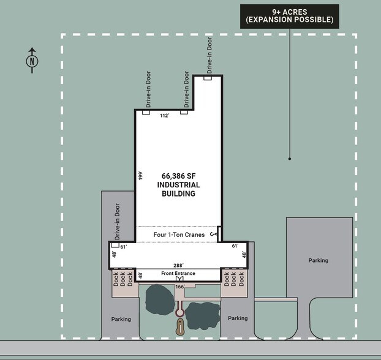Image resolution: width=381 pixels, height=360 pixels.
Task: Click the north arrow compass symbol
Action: point(31,60)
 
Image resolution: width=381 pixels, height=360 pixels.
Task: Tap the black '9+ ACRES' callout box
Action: point(289,15)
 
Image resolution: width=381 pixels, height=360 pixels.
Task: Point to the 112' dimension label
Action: point(164,115)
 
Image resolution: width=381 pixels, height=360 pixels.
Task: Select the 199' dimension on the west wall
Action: point(140,176)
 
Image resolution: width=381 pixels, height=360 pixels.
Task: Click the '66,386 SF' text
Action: point(178,174)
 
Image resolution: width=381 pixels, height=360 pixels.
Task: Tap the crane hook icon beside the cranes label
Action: point(214,234)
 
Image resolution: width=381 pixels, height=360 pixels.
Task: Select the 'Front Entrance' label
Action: point(178,273)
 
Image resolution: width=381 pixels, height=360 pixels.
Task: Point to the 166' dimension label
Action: point(180,286)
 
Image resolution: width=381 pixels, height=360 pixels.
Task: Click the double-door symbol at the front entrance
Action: point(179,279)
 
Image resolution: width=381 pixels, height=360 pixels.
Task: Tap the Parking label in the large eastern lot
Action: point(318,260)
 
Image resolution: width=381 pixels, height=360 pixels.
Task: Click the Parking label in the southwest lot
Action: point(121,319)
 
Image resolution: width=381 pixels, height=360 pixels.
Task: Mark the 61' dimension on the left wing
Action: point(123,246)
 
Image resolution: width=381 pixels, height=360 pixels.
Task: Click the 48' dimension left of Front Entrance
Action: point(140,275)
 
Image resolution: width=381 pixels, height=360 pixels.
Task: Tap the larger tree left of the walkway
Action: point(159,298)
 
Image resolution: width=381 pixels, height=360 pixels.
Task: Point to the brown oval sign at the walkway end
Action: point(179,326)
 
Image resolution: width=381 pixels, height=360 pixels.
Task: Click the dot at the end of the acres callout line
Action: point(289,159)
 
